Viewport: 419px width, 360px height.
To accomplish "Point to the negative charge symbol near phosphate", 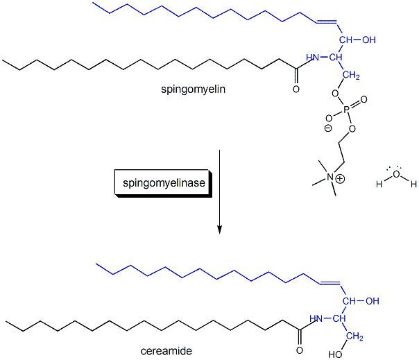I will tap(328, 128).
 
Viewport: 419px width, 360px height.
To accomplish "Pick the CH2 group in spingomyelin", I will tap(352, 76).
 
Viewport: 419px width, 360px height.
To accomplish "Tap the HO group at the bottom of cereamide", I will tap(335, 354).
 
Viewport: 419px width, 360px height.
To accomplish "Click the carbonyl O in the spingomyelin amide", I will tap(296, 88).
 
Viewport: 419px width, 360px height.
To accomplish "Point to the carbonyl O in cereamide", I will tap(300, 341).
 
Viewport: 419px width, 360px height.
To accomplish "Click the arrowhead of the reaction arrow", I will tap(219, 229).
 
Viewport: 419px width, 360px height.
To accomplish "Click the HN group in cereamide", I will tap(317, 319).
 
